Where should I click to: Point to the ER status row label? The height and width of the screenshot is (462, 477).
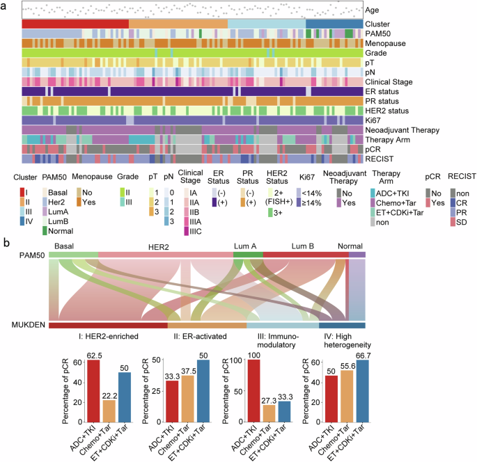(x=386, y=91)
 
